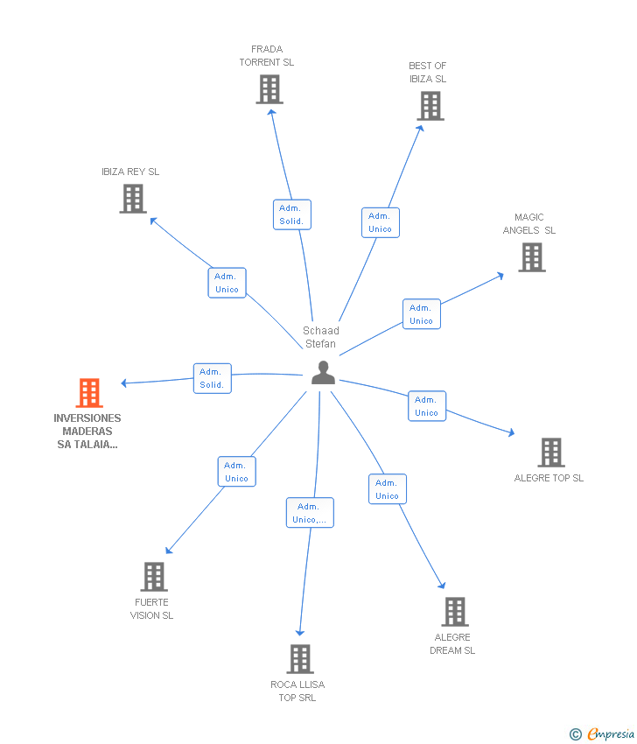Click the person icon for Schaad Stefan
pyautogui.click(x=323, y=373)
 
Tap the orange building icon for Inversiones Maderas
pyautogui.click(x=89, y=393)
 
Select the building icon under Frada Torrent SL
pyautogui.click(x=269, y=89)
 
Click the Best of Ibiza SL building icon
pyautogui.click(x=430, y=106)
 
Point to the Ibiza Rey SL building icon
pyautogui.click(x=132, y=199)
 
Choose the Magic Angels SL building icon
pyautogui.click(x=531, y=257)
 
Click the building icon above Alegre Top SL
pyautogui.click(x=550, y=453)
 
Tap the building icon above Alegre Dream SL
pyautogui.click(x=454, y=612)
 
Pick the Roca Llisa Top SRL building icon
pyautogui.click(x=299, y=658)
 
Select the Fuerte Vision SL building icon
pyautogui.click(x=154, y=577)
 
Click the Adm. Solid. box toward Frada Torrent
pyautogui.click(x=291, y=214)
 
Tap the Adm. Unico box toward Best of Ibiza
pyautogui.click(x=381, y=222)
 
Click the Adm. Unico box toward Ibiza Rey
pyautogui.click(x=227, y=283)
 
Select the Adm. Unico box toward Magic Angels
pyautogui.click(x=421, y=314)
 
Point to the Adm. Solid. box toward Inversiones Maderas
pyautogui.click(x=212, y=378)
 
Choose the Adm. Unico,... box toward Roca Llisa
pyautogui.click(x=310, y=513)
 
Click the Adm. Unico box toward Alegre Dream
pyautogui.click(x=387, y=489)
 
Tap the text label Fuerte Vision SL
pyautogui.click(x=152, y=608)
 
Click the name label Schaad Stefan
pyautogui.click(x=321, y=337)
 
